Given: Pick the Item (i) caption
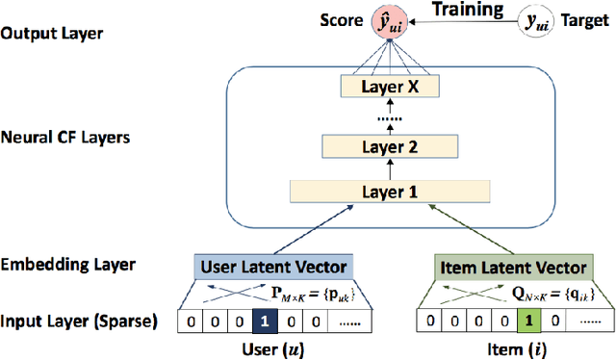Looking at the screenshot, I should click(513, 347).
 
